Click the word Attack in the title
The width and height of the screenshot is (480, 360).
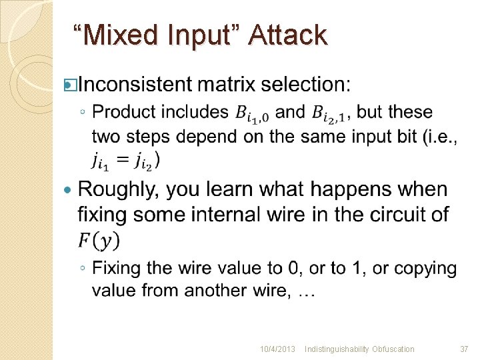pos(287,35)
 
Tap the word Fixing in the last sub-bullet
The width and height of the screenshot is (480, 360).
pos(117,269)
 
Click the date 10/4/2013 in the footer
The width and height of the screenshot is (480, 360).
pos(277,349)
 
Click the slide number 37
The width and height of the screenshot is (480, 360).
pos(464,349)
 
